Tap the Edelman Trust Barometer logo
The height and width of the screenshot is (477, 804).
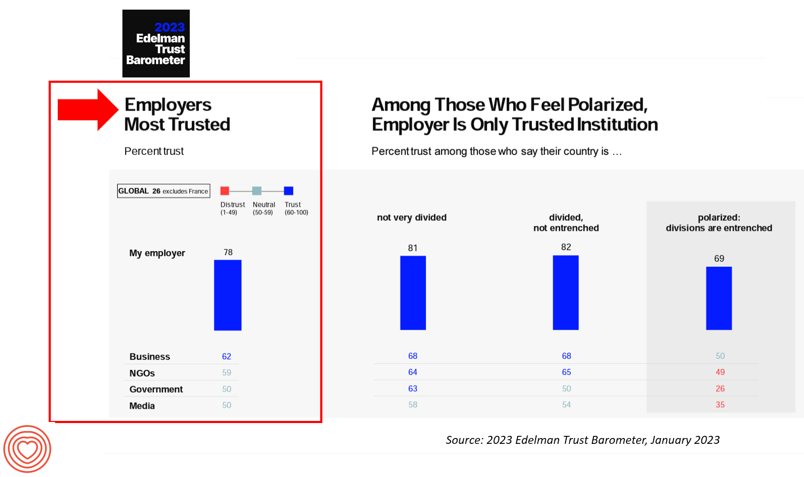point(156,44)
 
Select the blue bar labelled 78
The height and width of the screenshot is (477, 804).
point(228,295)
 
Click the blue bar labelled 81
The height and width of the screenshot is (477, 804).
point(413,293)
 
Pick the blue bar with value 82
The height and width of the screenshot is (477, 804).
point(566,292)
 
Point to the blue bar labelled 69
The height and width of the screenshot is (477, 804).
point(719,298)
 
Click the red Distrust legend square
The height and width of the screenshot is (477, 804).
point(225,191)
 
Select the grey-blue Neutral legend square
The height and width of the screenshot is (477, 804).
point(257,191)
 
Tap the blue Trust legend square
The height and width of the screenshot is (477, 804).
point(289,191)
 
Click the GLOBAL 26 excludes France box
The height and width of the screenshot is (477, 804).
point(164,191)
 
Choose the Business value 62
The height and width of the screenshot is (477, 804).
point(227,356)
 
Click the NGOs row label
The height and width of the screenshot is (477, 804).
point(142,373)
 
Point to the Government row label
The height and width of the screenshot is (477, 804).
point(156,389)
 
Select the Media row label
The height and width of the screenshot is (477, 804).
point(142,406)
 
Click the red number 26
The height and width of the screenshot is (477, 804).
point(720,388)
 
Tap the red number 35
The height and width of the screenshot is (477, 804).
point(720,404)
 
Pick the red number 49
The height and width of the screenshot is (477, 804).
point(720,372)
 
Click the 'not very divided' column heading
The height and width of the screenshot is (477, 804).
point(412,217)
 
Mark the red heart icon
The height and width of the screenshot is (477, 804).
point(27,449)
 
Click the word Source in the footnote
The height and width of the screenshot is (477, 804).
point(463,440)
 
